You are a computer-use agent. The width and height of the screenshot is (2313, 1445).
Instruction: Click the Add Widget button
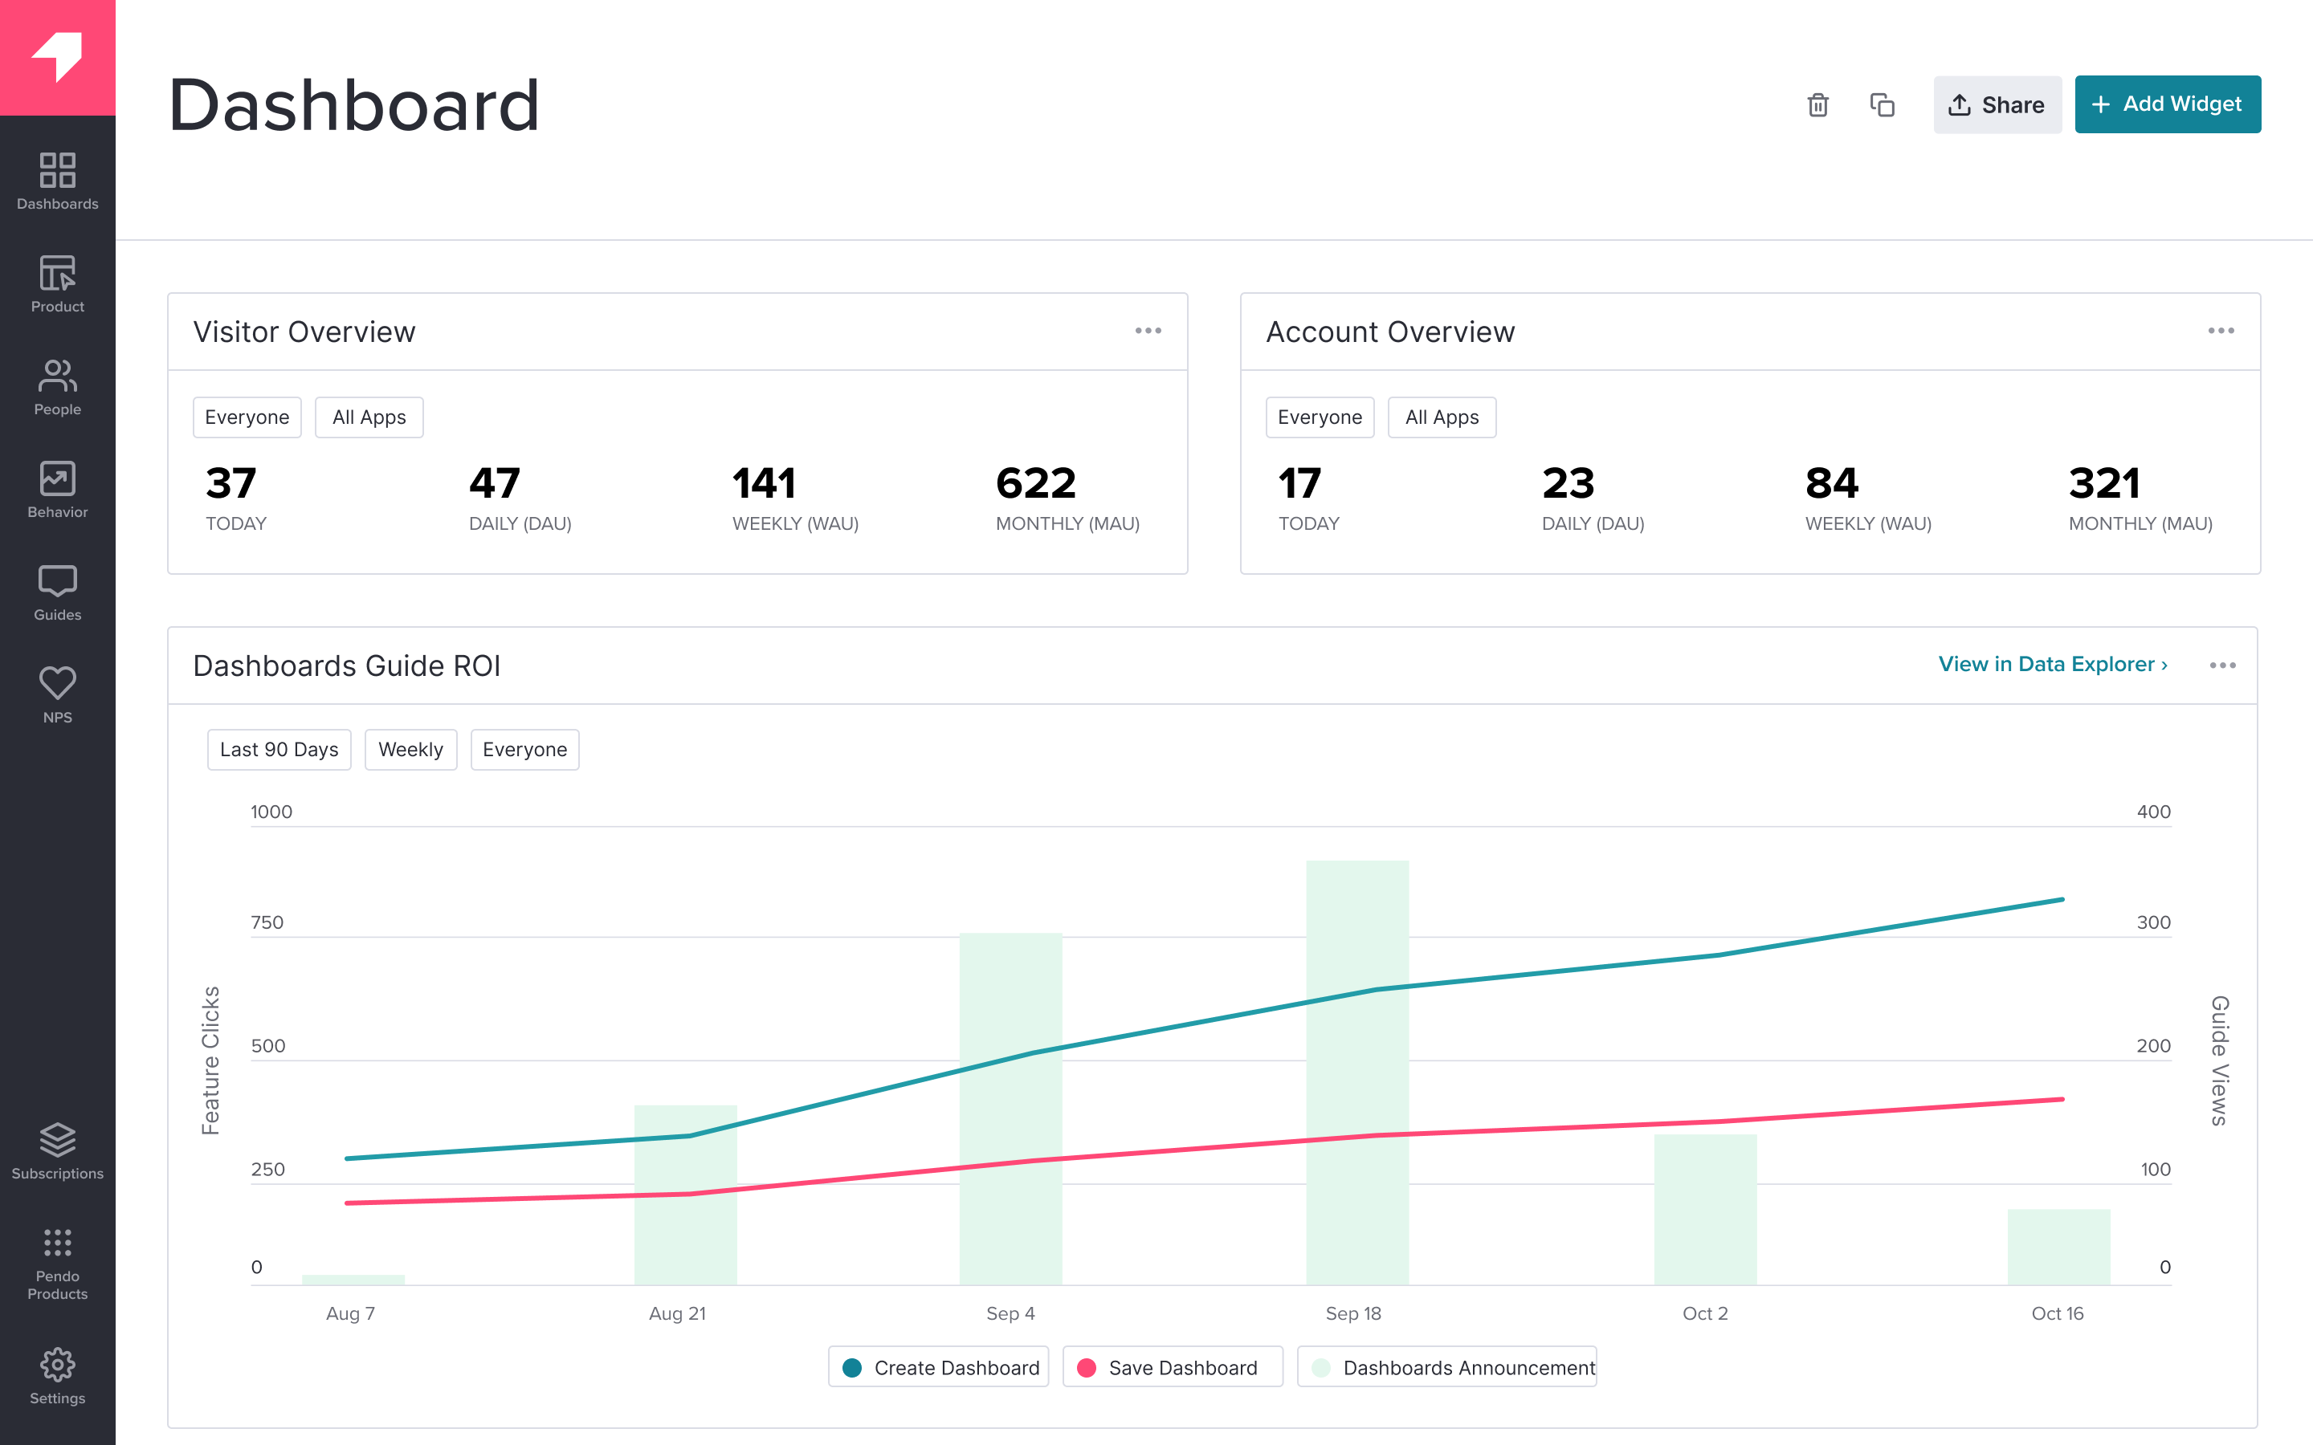(x=2167, y=104)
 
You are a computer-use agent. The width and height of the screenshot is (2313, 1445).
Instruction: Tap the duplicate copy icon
(x=1882, y=105)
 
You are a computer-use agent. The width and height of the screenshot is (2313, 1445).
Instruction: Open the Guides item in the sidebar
(x=57, y=592)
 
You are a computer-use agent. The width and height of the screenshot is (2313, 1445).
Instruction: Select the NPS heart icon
(x=57, y=683)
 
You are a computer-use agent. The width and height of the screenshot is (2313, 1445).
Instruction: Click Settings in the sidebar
(x=57, y=1376)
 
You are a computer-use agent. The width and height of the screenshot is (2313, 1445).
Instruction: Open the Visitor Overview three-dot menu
(x=1148, y=331)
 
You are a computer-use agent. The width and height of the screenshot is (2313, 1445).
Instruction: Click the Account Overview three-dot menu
(x=2221, y=331)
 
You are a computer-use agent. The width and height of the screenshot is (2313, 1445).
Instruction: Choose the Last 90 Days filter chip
(x=279, y=749)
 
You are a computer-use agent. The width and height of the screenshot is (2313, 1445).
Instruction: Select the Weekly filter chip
(x=410, y=749)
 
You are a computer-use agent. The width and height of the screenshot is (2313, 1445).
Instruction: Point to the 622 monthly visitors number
(x=1036, y=483)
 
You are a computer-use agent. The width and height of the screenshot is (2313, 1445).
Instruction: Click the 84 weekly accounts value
(x=1831, y=483)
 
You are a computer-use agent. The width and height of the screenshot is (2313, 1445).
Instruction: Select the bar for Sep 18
(x=1357, y=1070)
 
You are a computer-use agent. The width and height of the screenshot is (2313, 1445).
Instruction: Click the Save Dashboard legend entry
(x=1172, y=1368)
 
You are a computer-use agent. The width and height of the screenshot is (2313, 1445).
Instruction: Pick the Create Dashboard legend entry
(x=939, y=1368)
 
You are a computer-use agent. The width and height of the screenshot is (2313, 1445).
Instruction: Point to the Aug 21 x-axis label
(x=677, y=1313)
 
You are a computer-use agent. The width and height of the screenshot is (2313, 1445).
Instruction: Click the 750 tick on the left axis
(x=267, y=922)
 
